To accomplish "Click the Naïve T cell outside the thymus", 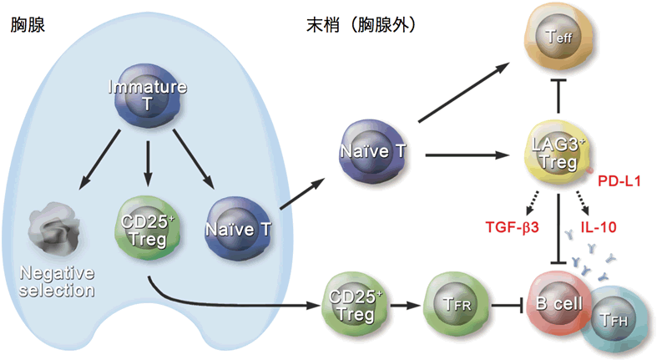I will (x=373, y=153).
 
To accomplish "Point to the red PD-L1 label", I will (x=619, y=180).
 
